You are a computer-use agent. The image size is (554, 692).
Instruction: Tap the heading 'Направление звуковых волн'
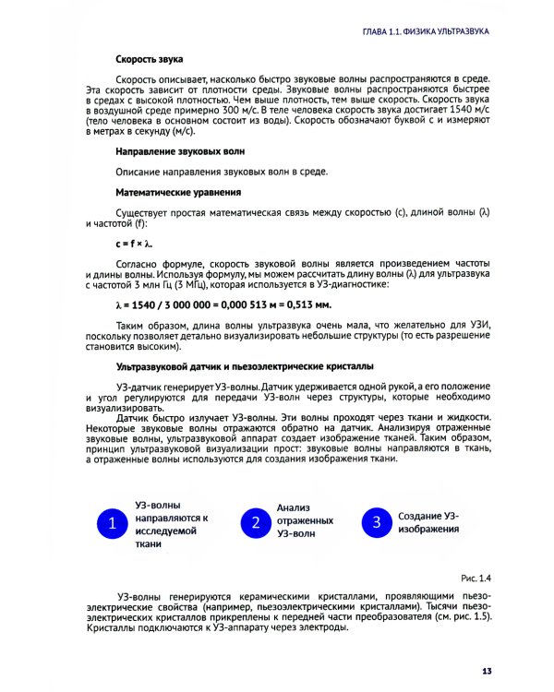(180, 149)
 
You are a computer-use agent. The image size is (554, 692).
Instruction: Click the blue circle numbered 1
(112, 523)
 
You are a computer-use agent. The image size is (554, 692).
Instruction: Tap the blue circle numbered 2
(255, 523)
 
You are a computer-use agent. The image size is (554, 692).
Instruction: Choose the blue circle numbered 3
(377, 522)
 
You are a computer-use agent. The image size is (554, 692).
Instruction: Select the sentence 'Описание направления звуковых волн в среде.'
(223, 171)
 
